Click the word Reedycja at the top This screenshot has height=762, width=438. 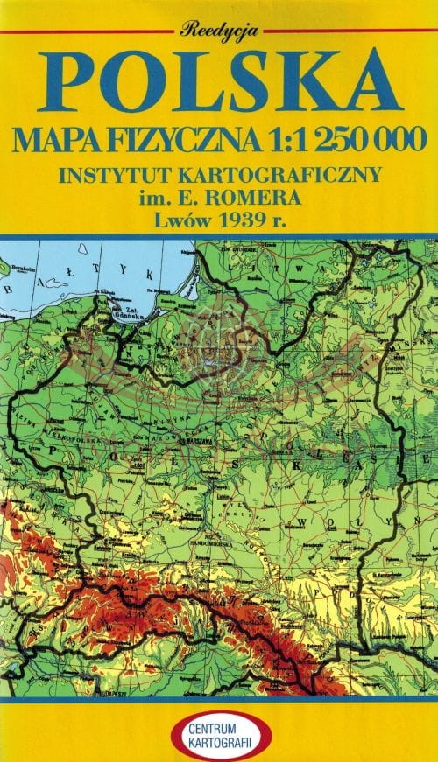coord(219,30)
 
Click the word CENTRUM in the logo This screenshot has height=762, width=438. coord(219,723)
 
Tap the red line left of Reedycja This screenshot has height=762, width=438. coord(88,31)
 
